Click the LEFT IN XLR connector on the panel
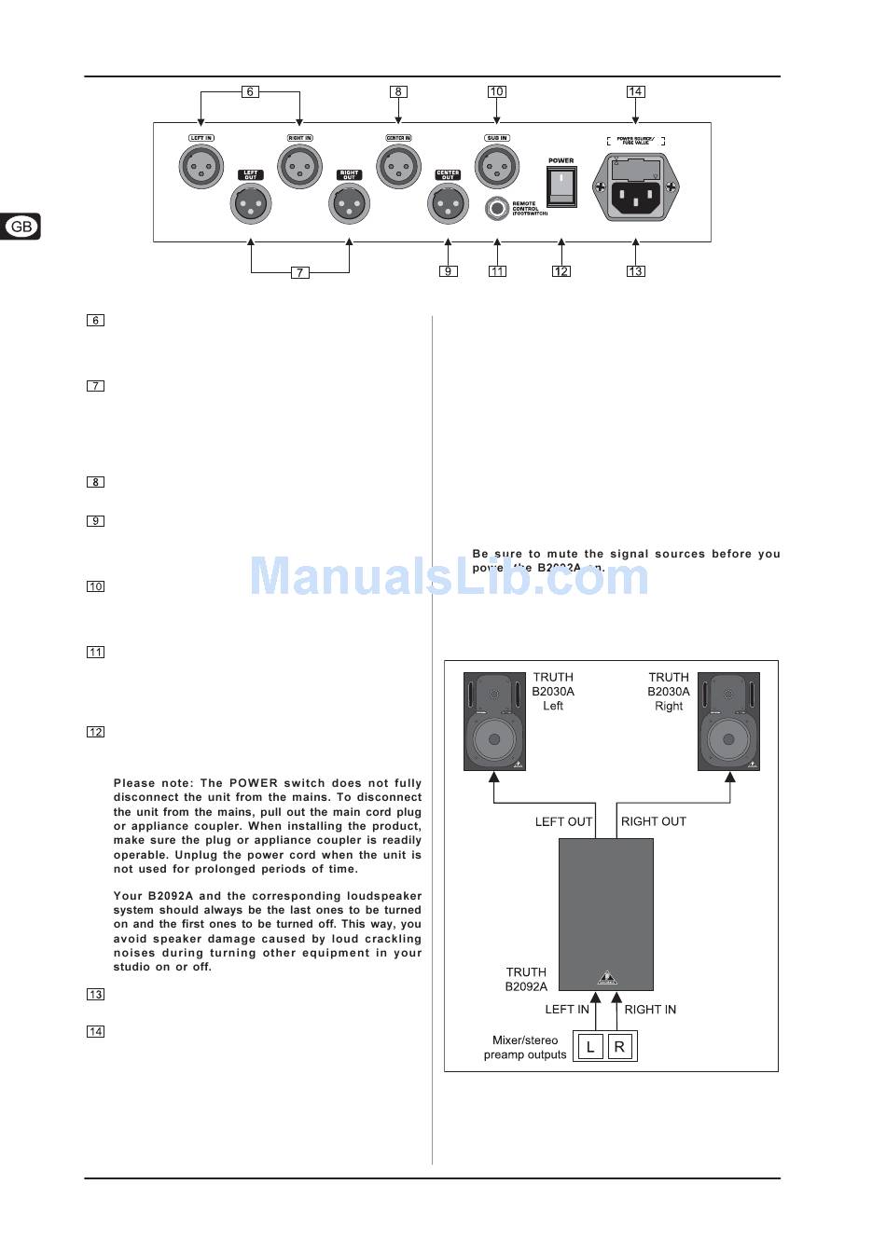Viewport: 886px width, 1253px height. [201, 168]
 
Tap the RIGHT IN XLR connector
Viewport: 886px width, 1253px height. [300, 168]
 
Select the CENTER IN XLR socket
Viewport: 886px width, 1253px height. [398, 168]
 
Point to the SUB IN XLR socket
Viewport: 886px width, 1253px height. [496, 168]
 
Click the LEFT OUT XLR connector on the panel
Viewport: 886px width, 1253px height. [250, 203]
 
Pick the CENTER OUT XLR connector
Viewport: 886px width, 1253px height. [448, 203]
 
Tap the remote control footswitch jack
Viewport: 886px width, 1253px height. [498, 208]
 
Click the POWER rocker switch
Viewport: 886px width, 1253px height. [561, 186]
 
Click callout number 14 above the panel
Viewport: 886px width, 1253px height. [635, 91]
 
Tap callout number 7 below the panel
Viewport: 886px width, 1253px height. [299, 272]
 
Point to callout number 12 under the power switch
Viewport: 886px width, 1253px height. [561, 271]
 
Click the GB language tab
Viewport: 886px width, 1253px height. [21, 227]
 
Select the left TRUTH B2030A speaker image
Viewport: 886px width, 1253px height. [494, 722]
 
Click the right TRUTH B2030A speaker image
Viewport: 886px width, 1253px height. [728, 722]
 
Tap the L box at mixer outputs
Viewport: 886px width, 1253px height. [589, 1047]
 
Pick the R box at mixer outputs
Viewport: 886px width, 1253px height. [620, 1047]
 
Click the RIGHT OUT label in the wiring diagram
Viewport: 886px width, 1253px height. [653, 821]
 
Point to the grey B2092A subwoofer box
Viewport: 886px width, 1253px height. [606, 914]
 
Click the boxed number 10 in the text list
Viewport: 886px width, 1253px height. [95, 586]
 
